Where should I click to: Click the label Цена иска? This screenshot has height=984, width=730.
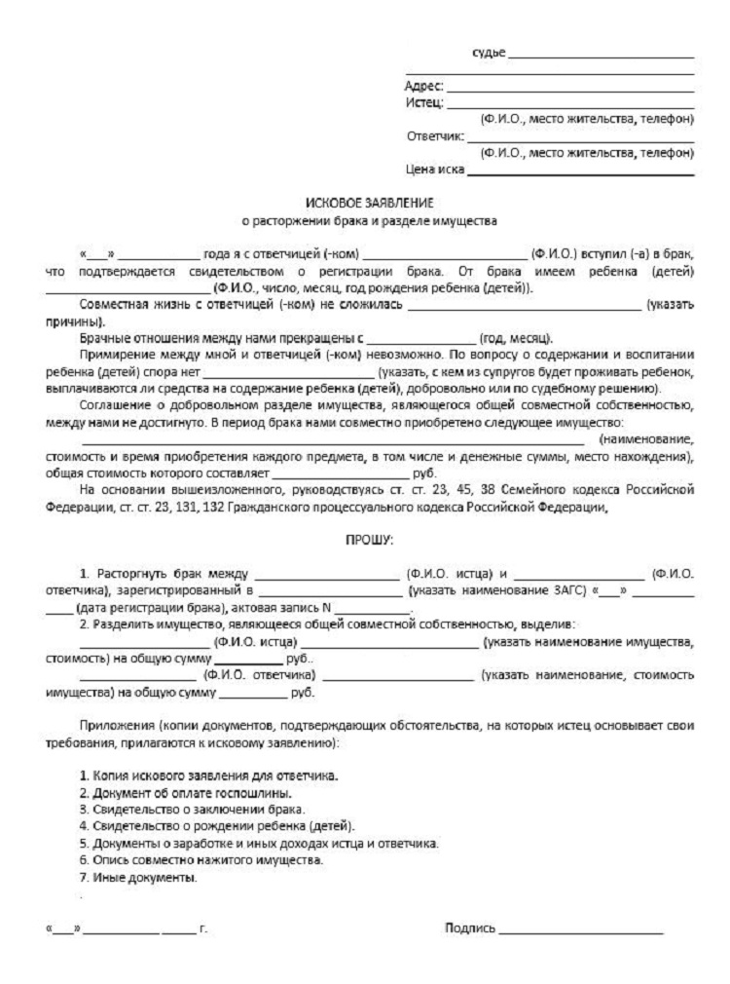click(434, 171)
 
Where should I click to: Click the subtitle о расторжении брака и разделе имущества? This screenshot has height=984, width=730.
click(369, 220)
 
